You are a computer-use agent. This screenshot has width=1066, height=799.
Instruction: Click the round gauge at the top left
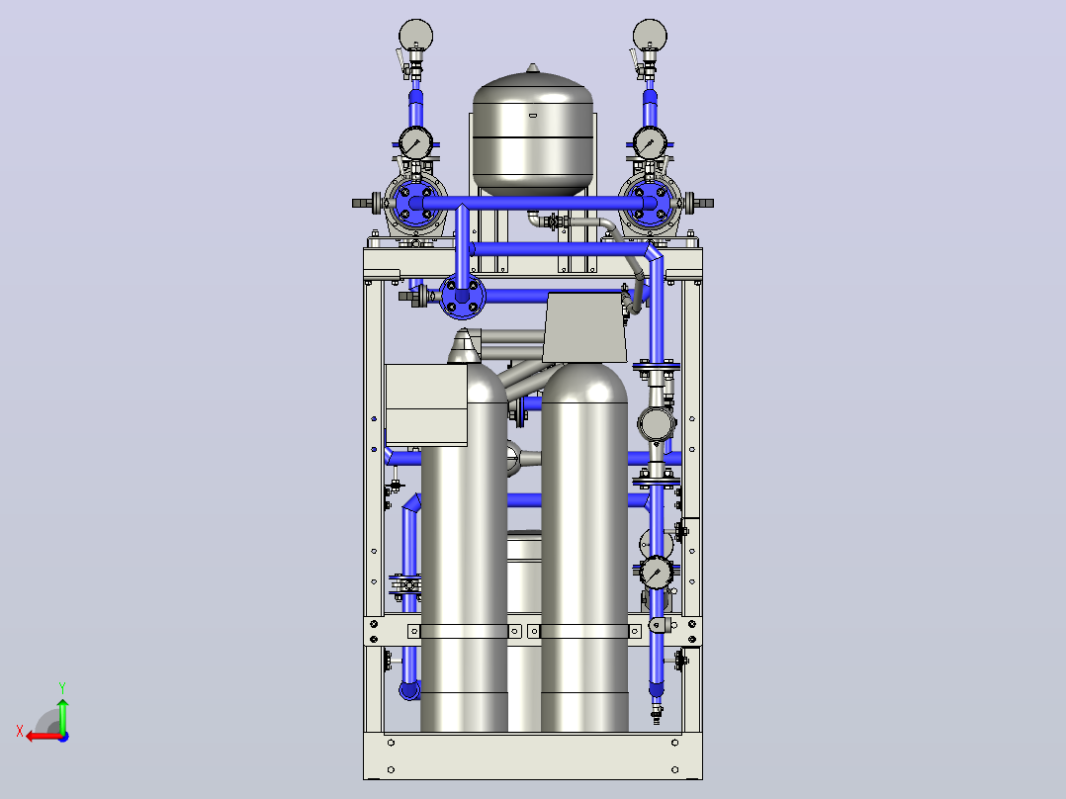pyautogui.click(x=415, y=36)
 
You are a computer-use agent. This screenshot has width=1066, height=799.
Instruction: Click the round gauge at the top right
pyautogui.click(x=650, y=36)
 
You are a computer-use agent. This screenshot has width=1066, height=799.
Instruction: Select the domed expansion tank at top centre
pyautogui.click(x=532, y=133)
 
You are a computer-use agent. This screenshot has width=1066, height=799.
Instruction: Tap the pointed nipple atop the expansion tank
pyautogui.click(x=532, y=68)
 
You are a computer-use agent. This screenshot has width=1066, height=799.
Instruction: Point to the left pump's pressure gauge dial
pyautogui.click(x=414, y=143)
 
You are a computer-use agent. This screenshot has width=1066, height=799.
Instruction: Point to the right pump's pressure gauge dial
pyautogui.click(x=650, y=143)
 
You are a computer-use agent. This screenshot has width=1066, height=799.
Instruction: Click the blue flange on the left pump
pyautogui.click(x=414, y=203)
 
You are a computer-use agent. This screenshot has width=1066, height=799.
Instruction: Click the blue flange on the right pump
pyautogui.click(x=650, y=203)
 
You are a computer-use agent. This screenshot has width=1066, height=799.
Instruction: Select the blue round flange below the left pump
pyautogui.click(x=463, y=297)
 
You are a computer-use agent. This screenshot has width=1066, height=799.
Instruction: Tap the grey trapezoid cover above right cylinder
pyautogui.click(x=584, y=327)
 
